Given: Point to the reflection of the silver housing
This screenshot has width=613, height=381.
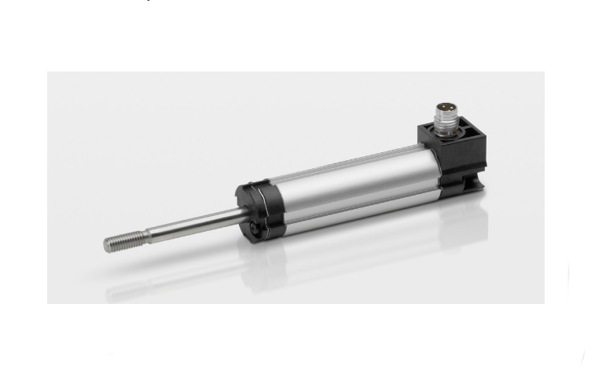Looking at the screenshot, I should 354,236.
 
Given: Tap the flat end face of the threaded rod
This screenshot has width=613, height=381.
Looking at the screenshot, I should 105,245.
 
